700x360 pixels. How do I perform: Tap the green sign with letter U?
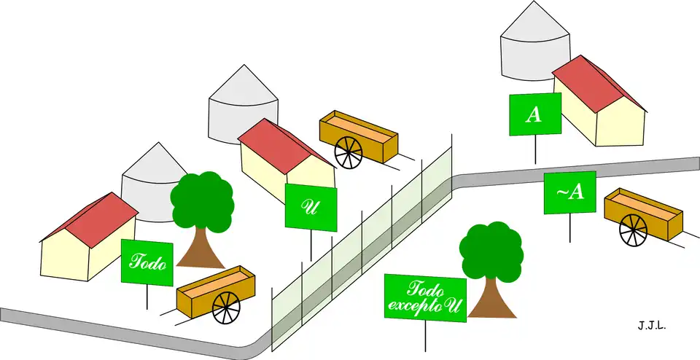click(311, 208)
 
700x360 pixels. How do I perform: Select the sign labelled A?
click(535, 114)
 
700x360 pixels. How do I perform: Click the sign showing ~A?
click(569, 192)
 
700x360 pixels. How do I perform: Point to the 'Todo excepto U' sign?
click(425, 297)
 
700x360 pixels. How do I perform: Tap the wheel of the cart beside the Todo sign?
click(226, 307)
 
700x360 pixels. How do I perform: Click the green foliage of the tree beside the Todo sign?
click(202, 200)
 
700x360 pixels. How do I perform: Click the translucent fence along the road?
click(365, 248)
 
